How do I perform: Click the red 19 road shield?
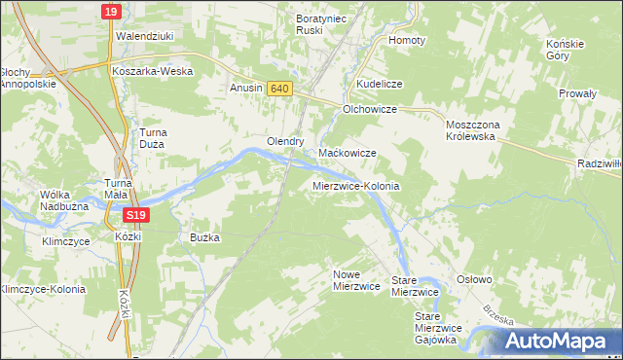pos(111,12)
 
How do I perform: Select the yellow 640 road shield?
pos(279,89)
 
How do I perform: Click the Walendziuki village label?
pos(144,36)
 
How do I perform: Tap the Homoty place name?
pos(407,41)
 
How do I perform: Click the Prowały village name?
pos(576,94)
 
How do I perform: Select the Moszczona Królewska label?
pos(471,131)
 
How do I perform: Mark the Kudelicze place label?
pos(379,85)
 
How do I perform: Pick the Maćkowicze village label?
pos(348,154)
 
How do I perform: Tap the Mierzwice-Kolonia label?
pos(356,185)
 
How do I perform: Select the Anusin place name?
pos(245,89)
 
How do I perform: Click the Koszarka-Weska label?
pos(152,71)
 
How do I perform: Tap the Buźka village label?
pos(205,237)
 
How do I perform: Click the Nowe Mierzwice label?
pos(355,280)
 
